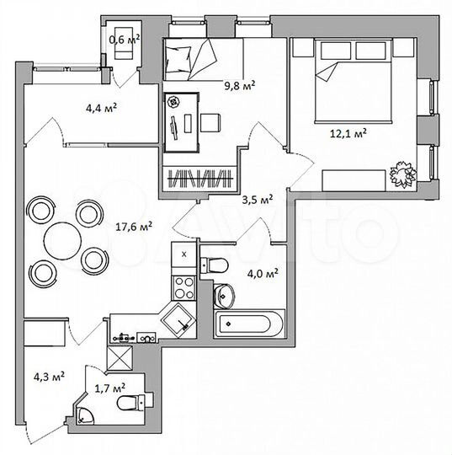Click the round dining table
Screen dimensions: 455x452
point(64,239)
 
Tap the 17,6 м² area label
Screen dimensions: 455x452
point(134,226)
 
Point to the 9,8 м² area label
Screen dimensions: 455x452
point(239,84)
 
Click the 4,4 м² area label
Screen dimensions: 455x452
point(100,107)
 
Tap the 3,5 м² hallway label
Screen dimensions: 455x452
point(256,200)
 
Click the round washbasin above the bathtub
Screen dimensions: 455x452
point(225,294)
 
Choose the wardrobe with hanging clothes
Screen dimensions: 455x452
point(199,178)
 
